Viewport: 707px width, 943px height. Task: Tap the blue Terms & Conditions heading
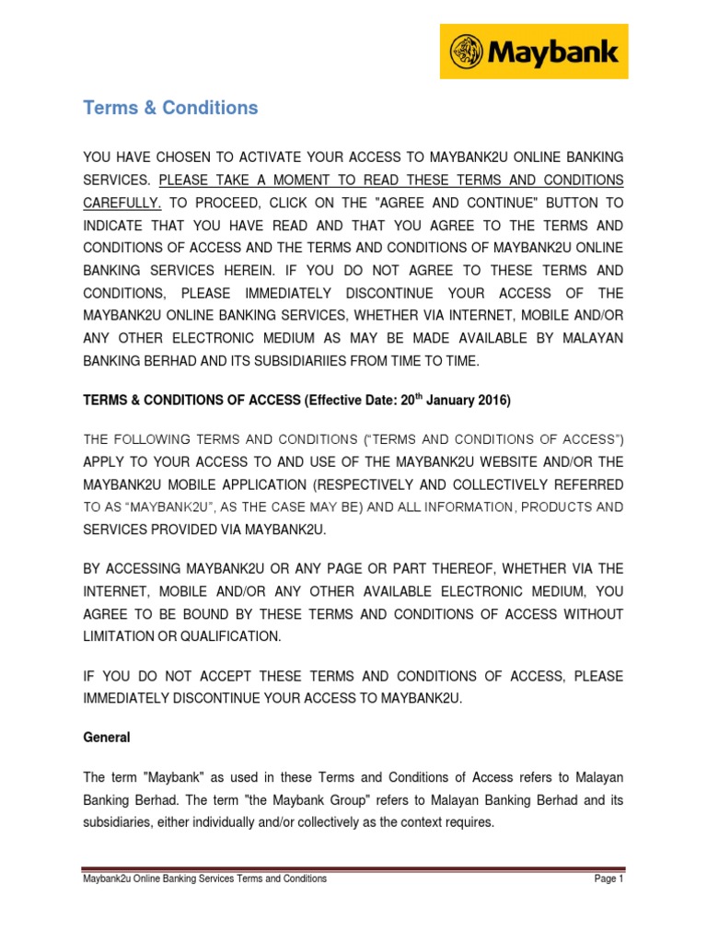(x=170, y=108)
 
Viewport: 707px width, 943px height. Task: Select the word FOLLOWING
(x=152, y=438)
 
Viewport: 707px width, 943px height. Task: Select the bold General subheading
(x=107, y=738)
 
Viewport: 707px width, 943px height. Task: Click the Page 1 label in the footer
(x=609, y=879)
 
